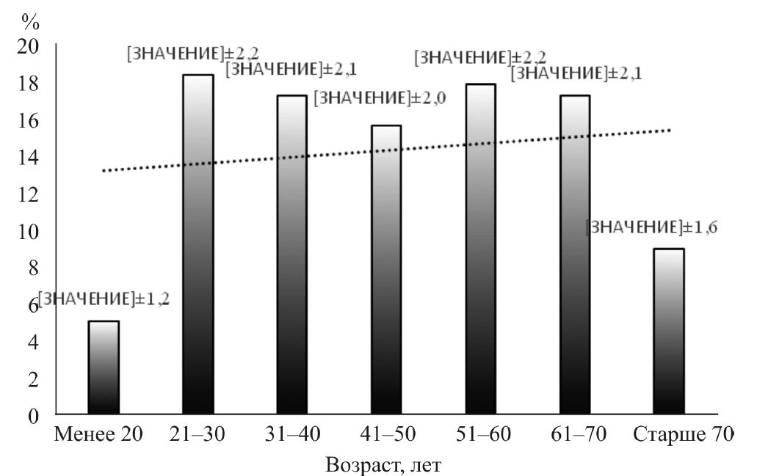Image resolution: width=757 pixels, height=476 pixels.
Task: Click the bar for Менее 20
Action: click(x=104, y=368)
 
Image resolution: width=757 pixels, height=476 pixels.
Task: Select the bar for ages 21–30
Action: click(x=198, y=245)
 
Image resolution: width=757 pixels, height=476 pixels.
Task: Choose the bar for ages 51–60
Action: click(x=480, y=249)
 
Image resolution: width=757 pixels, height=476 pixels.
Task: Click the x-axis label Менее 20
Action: click(x=95, y=436)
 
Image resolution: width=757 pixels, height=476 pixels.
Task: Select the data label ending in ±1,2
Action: click(x=103, y=299)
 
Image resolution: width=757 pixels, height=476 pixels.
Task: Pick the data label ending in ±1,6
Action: click(x=651, y=227)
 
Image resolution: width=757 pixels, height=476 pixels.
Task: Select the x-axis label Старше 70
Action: click(x=681, y=436)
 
